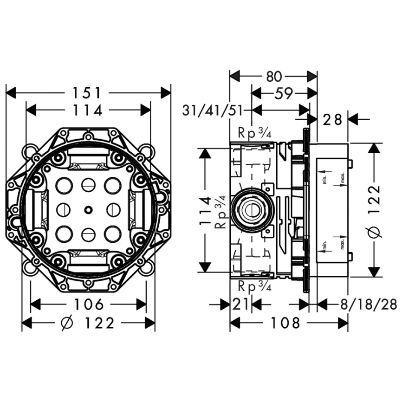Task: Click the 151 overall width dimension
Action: tap(86, 93)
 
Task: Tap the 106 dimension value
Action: tap(88, 305)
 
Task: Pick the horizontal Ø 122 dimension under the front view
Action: tap(88, 323)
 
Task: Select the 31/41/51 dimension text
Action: tap(213, 110)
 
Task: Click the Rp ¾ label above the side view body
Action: tap(254, 133)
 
